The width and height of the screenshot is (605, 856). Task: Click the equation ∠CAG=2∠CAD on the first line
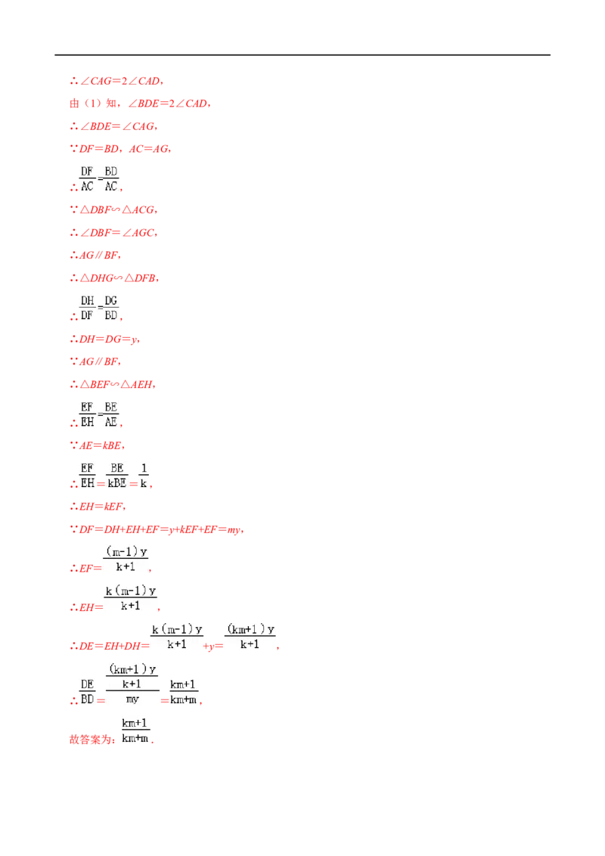click(120, 82)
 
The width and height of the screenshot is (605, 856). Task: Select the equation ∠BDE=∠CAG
click(117, 126)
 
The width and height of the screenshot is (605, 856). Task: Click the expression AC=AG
click(148, 149)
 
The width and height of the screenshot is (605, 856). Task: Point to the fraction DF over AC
click(87, 179)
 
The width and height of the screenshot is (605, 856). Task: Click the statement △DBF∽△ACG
click(117, 210)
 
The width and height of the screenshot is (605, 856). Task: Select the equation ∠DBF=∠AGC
click(117, 233)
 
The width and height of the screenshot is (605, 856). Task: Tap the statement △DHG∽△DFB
click(118, 278)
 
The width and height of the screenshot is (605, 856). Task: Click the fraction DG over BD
click(111, 308)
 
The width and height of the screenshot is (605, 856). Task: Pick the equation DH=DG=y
click(108, 340)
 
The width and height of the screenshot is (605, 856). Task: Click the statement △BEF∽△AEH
click(116, 385)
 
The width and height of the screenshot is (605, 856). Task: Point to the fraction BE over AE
click(111, 414)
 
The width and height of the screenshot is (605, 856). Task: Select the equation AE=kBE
click(101, 446)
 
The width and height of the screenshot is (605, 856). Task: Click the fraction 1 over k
click(144, 476)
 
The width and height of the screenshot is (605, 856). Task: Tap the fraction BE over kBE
click(117, 476)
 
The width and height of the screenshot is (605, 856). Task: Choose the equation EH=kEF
click(101, 507)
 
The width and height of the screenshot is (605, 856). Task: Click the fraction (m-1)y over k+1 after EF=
click(126, 559)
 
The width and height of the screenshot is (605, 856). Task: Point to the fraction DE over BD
click(88, 692)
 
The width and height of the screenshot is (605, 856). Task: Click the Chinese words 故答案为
click(91, 740)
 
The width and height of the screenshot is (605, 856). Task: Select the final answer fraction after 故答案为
click(135, 730)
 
